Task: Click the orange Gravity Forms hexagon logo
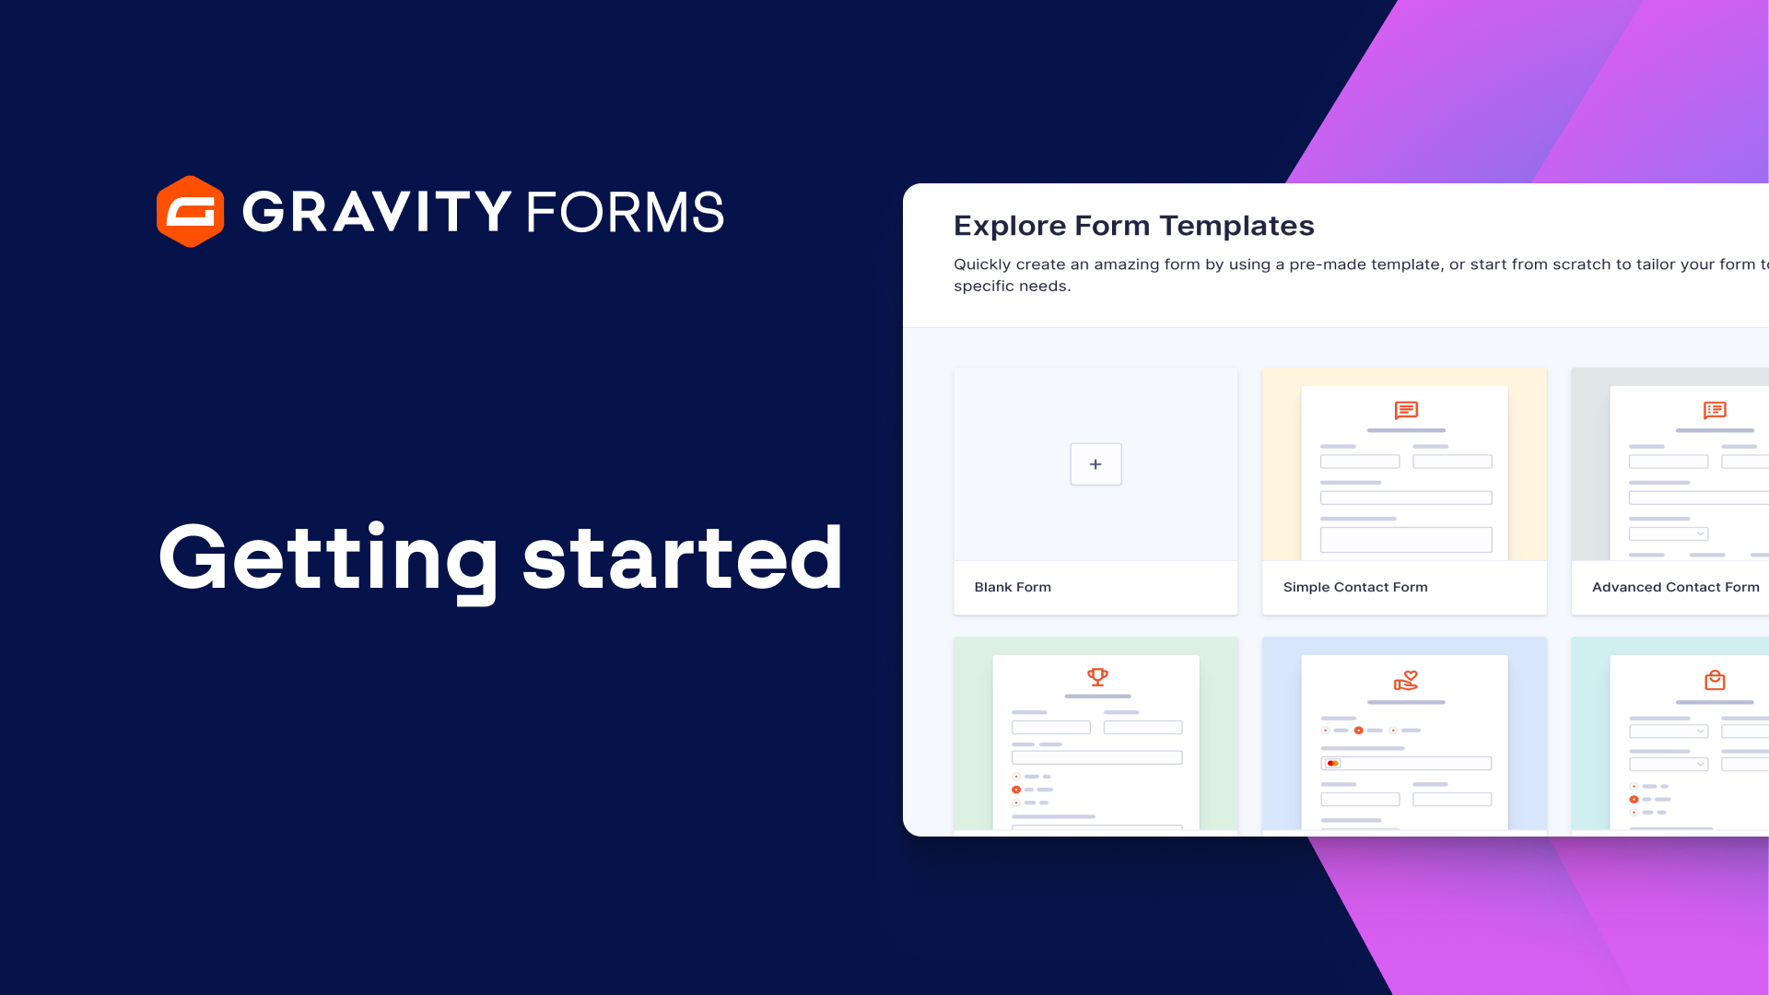190,212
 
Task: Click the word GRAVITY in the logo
376,212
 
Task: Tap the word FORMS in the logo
625,212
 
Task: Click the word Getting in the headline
328,557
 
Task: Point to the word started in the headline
682,557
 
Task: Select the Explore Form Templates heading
1133,226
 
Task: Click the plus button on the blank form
1095,464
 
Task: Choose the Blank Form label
1013,587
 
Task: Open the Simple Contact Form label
1355,587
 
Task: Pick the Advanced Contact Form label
1675,587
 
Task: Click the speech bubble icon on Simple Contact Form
1406,410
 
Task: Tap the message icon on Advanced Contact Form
1715,410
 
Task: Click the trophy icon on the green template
1097,677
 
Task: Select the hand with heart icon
1406,681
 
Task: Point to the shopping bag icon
1715,681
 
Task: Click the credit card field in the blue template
1406,763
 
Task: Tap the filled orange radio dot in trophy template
1016,790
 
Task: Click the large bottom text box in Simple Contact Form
1406,540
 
